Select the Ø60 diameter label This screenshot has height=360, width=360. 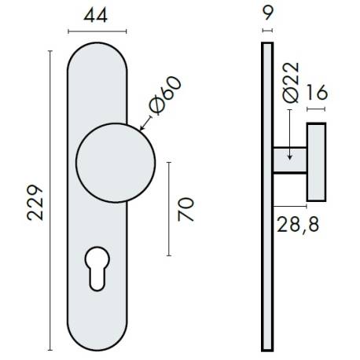pos(163,95)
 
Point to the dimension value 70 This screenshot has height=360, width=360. pos(186,210)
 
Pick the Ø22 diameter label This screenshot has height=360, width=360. pos(289,84)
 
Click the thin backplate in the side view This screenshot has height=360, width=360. pos(266,197)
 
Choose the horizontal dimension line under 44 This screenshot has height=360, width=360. pos(97,31)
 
